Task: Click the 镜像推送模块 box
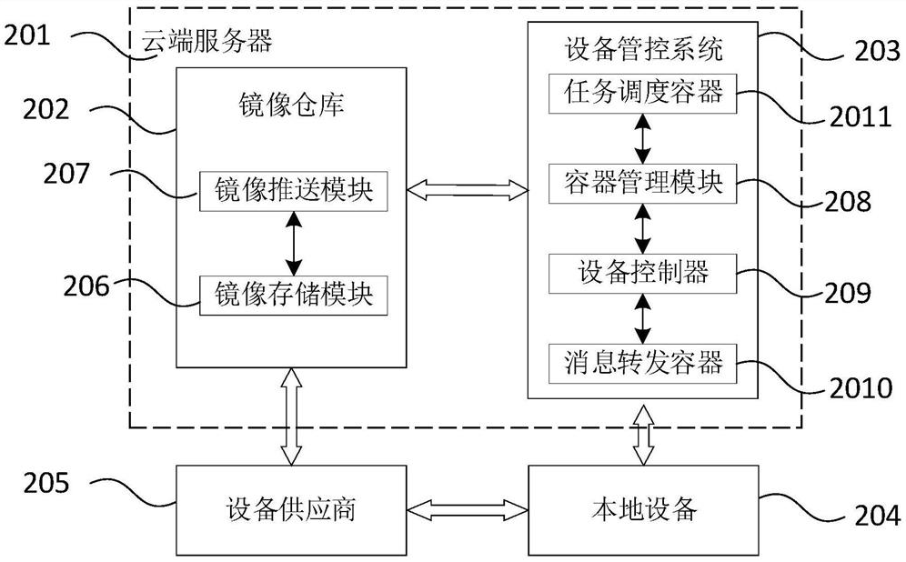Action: (293, 191)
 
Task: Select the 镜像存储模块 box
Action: (293, 293)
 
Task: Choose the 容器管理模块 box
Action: (642, 184)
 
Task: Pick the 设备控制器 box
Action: (642, 272)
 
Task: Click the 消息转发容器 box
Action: (642, 363)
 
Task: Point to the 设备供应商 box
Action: (293, 509)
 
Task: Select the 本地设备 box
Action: (642, 509)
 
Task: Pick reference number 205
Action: (47, 483)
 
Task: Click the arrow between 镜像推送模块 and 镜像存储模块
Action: (293, 242)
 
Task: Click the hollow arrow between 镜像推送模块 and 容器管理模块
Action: (468, 189)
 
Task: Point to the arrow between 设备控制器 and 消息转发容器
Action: (643, 317)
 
